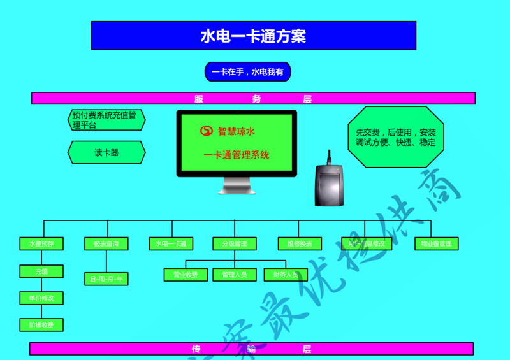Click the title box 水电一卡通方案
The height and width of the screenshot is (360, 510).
pyautogui.click(x=253, y=36)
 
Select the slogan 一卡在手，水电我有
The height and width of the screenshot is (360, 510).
pyautogui.click(x=247, y=72)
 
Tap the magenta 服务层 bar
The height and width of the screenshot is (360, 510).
pyautogui.click(x=253, y=98)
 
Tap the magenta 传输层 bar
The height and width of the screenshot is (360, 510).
pyautogui.click(x=251, y=349)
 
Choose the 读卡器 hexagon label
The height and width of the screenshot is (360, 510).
pyautogui.click(x=106, y=152)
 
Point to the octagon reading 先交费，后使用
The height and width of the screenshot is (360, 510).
pyautogui.click(x=395, y=137)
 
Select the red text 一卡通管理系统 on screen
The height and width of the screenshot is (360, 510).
pyautogui.click(x=236, y=155)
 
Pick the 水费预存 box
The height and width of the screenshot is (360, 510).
pyautogui.click(x=41, y=243)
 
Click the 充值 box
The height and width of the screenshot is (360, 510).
pyautogui.click(x=41, y=271)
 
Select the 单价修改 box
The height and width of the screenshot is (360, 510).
pyautogui.click(x=41, y=298)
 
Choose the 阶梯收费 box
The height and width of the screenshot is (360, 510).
pyautogui.click(x=41, y=325)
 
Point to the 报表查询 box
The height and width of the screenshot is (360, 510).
pyautogui.click(x=106, y=243)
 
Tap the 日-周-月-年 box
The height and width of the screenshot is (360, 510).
pyautogui.click(x=106, y=278)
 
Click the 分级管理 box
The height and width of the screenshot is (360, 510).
pyautogui.click(x=234, y=243)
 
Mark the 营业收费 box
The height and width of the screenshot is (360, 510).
pyautogui.click(x=186, y=275)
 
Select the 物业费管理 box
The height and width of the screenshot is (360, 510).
pyautogui.click(x=436, y=243)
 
